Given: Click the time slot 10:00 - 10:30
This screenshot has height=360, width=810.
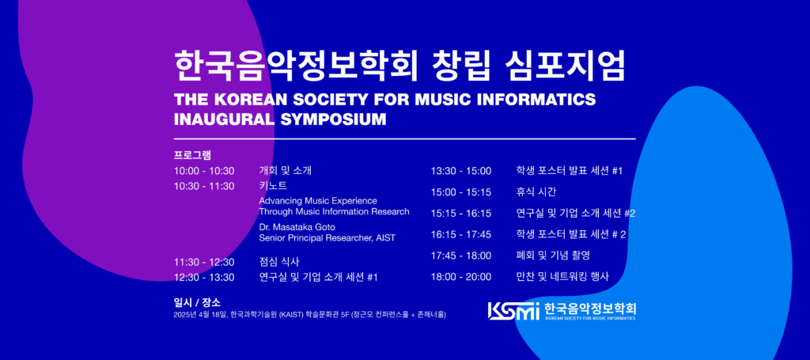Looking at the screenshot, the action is [x=204, y=171].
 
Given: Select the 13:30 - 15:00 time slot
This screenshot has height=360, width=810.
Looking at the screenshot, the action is [x=461, y=171].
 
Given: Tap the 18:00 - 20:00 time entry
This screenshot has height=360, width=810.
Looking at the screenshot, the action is [x=461, y=277].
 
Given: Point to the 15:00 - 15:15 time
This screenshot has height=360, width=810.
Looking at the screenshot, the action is [x=461, y=192].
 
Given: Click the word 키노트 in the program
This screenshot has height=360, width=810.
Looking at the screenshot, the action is [x=273, y=185].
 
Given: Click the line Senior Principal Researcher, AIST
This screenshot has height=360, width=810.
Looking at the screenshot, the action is [x=327, y=238].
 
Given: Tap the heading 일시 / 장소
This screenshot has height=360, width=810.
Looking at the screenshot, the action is [x=197, y=303].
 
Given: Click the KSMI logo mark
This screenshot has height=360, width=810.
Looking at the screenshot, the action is [x=513, y=310].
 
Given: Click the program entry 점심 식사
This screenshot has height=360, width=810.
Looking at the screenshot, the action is [x=279, y=262].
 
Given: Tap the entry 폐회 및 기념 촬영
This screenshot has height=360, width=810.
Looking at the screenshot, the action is [x=553, y=255].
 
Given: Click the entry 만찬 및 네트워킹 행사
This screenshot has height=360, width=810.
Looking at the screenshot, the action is [x=562, y=277].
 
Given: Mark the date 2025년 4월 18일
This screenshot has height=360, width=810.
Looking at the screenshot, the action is [x=200, y=314].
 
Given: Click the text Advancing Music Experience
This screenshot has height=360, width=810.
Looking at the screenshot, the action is [x=318, y=200].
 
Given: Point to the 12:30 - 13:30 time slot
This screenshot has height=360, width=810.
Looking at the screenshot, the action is [x=204, y=278].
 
